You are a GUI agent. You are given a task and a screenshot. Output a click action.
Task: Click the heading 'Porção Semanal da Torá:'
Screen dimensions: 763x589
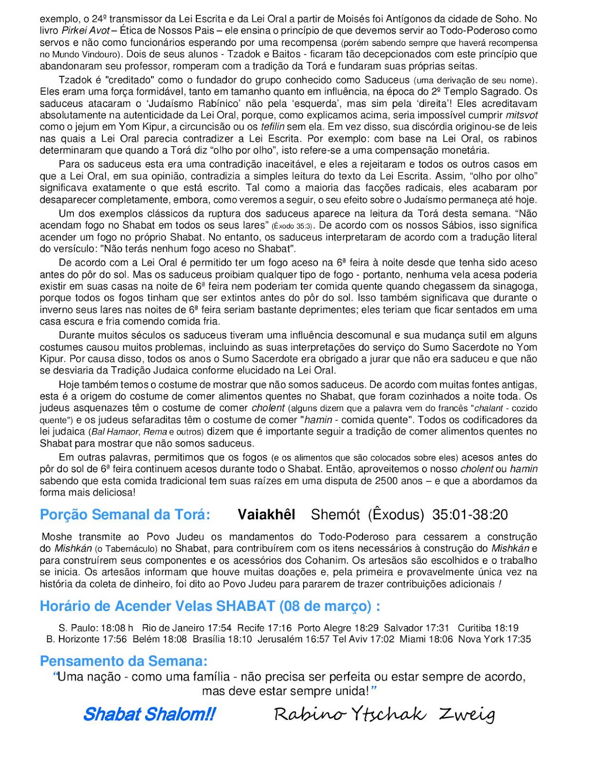point(125,515)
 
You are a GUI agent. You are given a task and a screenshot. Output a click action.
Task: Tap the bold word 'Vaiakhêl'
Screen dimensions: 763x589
point(266,515)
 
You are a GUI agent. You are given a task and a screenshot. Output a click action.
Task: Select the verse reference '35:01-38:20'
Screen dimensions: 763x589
point(470,515)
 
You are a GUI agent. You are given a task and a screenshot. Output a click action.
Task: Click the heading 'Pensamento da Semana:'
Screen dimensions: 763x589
point(123,661)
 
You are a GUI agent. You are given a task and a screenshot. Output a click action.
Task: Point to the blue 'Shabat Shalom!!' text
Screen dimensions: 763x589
point(149,714)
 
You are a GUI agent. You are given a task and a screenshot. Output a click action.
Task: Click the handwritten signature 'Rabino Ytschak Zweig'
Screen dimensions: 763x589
point(384,714)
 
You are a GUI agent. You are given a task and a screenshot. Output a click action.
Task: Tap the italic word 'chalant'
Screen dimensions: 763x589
point(488,408)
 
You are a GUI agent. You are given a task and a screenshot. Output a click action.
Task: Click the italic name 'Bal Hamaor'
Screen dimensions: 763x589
point(115,432)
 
